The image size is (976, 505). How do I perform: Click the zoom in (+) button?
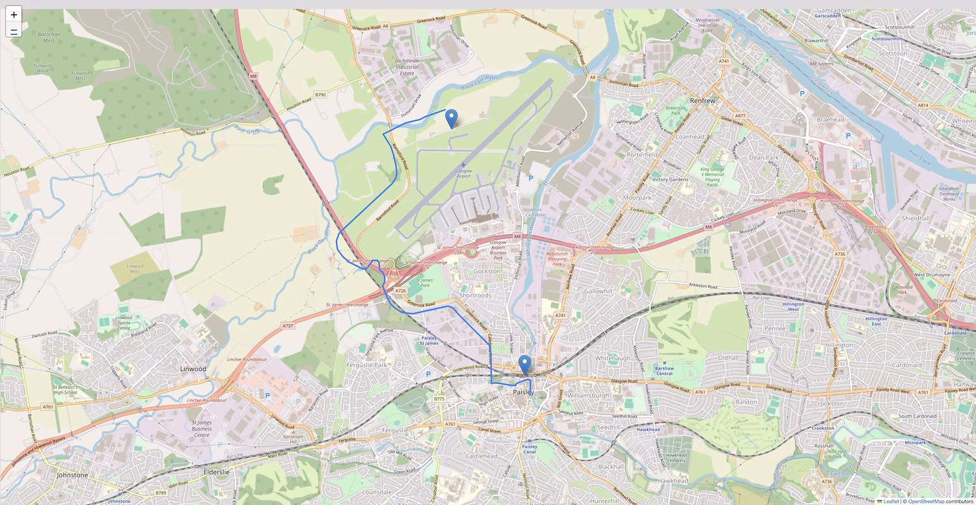(x=14, y=14)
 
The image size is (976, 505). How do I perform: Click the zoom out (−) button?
(x=14, y=30)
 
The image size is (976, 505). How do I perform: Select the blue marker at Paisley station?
(x=524, y=364)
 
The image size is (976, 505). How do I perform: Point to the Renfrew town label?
(x=703, y=101)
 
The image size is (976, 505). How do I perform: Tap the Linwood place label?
(x=193, y=369)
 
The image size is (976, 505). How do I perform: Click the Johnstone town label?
(x=72, y=475)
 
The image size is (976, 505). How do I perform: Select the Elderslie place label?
(x=219, y=471)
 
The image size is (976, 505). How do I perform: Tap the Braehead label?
(x=831, y=120)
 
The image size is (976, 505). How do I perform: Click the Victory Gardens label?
(x=670, y=179)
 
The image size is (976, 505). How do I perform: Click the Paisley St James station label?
(x=429, y=340)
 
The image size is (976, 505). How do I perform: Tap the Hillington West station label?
(x=793, y=307)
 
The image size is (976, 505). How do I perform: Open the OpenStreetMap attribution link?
(x=926, y=501)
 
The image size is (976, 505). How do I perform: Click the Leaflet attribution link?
(x=891, y=501)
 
